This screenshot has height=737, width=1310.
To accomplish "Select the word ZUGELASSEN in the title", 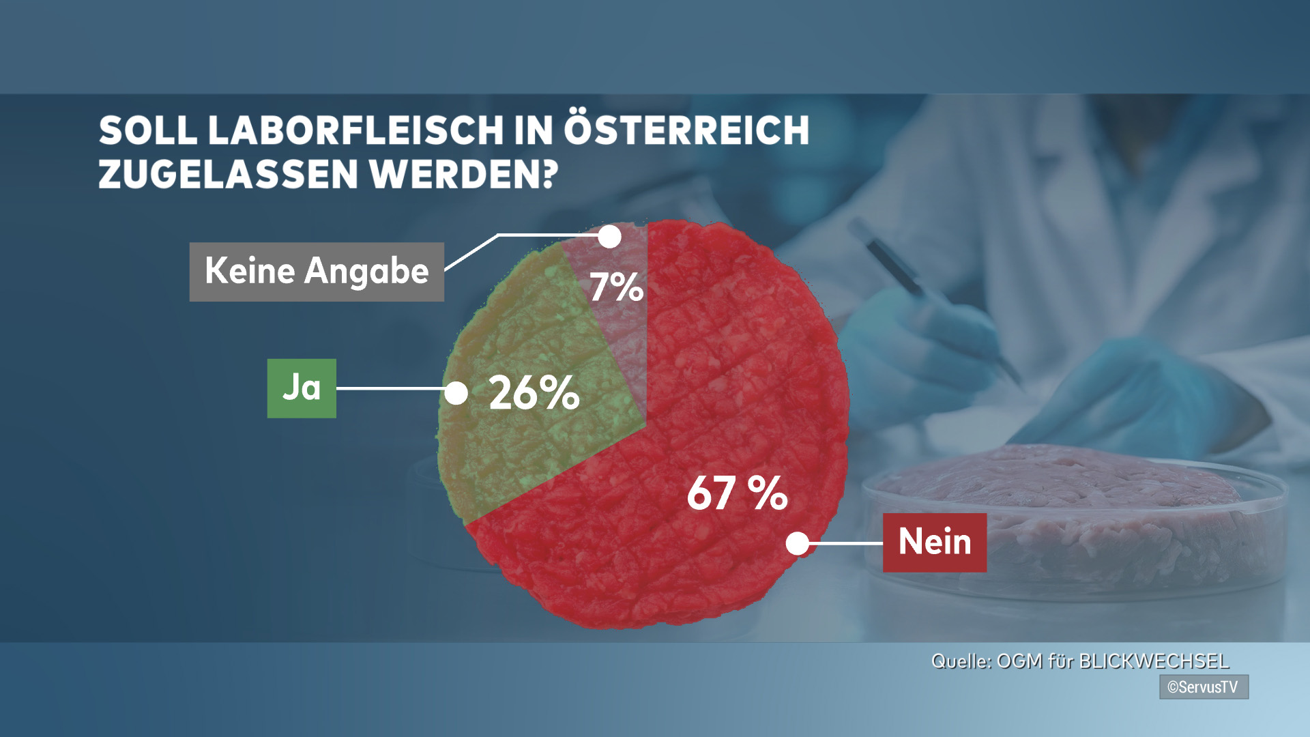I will [229, 174].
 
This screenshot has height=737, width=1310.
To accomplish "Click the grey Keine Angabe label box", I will [317, 272].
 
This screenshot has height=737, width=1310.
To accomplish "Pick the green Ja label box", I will [302, 388].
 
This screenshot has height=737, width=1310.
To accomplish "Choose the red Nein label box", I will [934, 543].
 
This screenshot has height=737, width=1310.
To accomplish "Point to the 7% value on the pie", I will [616, 287].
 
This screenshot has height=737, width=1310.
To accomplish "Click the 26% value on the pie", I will [534, 393].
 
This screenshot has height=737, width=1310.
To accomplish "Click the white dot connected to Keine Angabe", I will [609, 237].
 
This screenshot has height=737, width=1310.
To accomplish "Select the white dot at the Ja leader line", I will [456, 393].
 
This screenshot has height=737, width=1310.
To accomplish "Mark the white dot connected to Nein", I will [797, 543].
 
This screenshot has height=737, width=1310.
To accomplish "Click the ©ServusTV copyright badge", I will [1204, 687].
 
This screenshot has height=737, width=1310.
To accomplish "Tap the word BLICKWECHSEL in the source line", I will [1154, 661].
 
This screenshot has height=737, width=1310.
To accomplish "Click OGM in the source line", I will [1019, 661].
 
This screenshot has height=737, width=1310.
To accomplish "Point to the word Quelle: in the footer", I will [961, 661].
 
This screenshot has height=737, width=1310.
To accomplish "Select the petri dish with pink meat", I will [1071, 519].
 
